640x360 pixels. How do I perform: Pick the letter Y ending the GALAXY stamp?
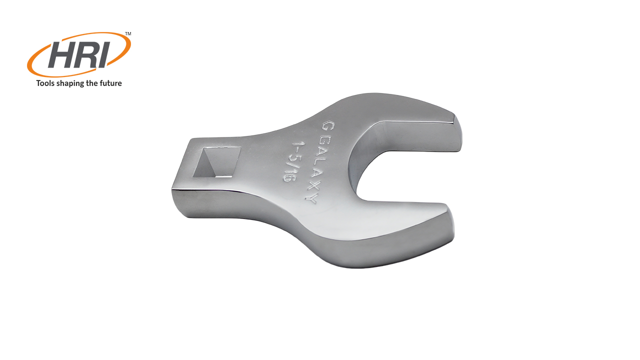point(313,199)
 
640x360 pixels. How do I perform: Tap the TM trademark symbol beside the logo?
point(128,34)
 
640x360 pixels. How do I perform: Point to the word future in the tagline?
point(109,83)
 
